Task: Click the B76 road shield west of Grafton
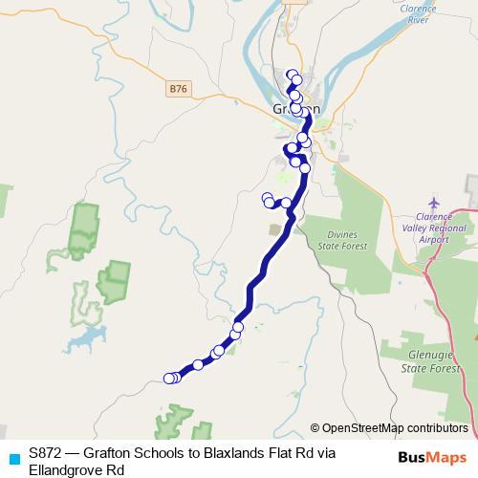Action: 177,89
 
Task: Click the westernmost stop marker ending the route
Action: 169,379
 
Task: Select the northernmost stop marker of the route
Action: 292,75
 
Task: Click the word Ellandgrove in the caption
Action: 68,469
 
